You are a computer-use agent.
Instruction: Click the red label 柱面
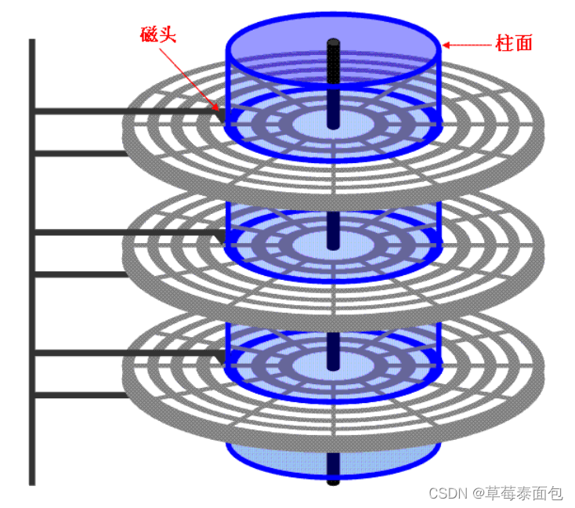tap(514, 43)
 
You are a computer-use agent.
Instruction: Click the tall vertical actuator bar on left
tap(31, 259)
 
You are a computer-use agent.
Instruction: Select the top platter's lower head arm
tap(78, 153)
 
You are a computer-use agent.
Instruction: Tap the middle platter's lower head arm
tap(78, 274)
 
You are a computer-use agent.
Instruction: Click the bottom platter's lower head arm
tap(78, 395)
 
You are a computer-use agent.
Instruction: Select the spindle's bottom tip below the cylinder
tap(333, 479)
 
